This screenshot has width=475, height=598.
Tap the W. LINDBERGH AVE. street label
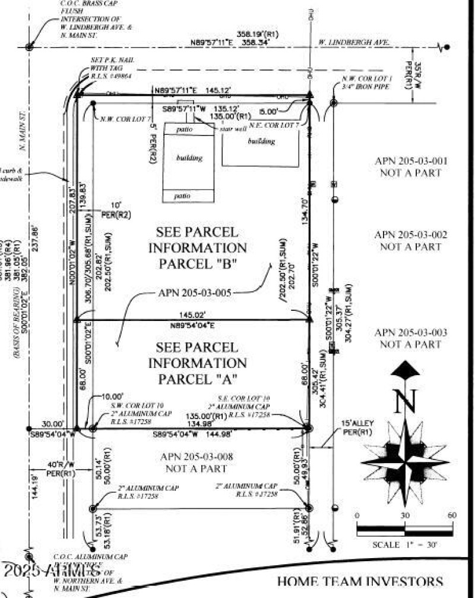coord(354,43)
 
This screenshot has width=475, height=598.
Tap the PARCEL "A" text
coord(197,379)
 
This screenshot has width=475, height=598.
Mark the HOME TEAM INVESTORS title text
coord(360,582)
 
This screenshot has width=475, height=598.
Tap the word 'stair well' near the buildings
coord(232,128)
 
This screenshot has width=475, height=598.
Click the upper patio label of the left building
coord(188,129)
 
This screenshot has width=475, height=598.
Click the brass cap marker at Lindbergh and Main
coord(29,46)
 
